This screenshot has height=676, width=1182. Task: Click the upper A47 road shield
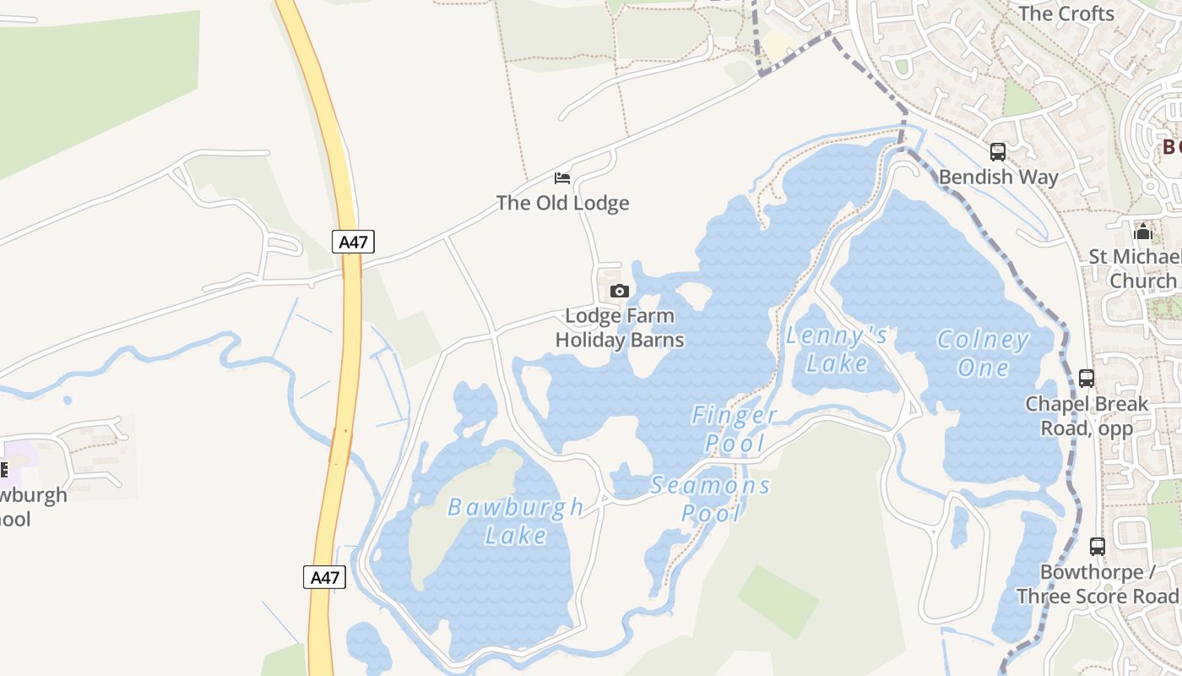(x=354, y=243)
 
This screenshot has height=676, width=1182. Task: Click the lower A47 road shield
(x=324, y=578)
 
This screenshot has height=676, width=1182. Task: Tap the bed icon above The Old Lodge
(x=562, y=178)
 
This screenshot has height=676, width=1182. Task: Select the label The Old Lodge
(x=562, y=203)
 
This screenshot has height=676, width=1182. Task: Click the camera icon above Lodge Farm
(x=619, y=292)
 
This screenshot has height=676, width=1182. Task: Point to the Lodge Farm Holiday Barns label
(x=620, y=328)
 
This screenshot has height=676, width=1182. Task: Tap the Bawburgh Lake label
(x=515, y=521)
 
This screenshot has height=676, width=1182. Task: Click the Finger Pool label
(x=735, y=428)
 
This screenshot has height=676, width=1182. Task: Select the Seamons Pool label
(x=711, y=499)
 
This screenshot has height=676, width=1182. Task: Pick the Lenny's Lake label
(x=837, y=349)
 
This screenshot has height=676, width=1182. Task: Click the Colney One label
(x=984, y=354)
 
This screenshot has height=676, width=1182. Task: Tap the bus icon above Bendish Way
(x=998, y=153)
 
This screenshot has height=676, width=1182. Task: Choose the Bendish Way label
(x=998, y=177)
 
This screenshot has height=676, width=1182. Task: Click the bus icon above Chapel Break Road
(x=1087, y=379)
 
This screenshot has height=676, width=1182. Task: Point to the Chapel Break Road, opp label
(x=1087, y=416)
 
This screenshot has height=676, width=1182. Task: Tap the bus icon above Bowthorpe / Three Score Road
(x=1097, y=547)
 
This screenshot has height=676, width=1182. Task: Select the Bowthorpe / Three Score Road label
(x=1098, y=584)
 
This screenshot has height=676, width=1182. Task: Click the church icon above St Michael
(x=1143, y=231)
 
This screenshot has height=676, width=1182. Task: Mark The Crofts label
(x=1066, y=14)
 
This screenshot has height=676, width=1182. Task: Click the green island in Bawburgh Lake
(x=460, y=515)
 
